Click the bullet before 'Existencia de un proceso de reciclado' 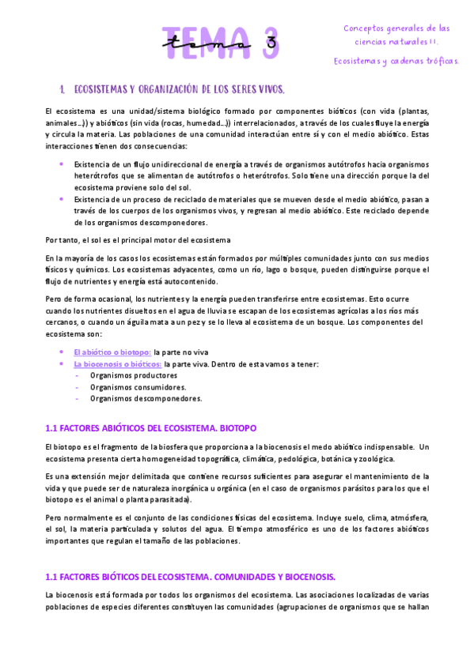(x=63, y=199)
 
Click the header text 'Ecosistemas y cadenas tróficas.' (x=396, y=60)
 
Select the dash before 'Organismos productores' (x=77, y=376)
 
